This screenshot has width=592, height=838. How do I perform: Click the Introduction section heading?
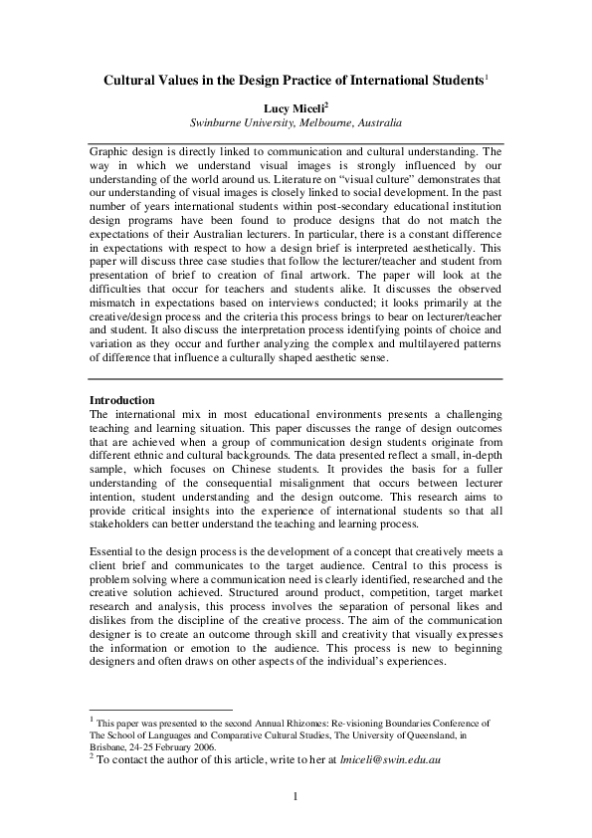click(x=121, y=400)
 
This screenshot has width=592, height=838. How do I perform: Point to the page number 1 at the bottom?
click(x=296, y=796)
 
